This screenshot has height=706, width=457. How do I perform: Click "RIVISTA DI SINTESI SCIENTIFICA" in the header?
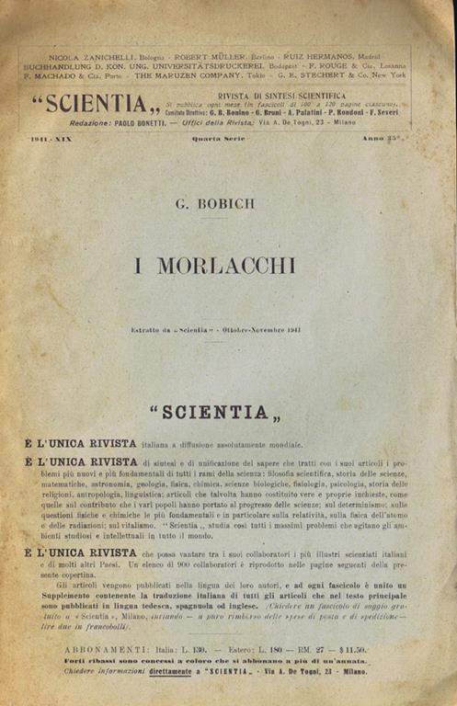281,96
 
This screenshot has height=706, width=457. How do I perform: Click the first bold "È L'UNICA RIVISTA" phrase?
82,443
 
